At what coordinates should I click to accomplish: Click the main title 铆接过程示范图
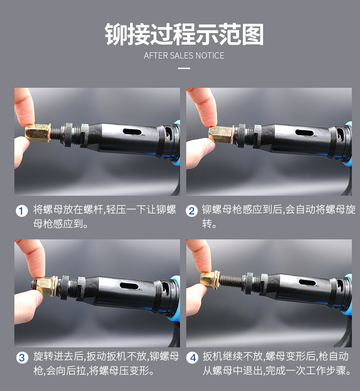184,34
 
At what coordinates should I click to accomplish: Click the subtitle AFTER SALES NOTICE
184,56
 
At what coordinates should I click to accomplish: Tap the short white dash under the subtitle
184,68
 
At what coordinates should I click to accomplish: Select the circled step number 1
22,211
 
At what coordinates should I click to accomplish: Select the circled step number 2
192,211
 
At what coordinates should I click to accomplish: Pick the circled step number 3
22,358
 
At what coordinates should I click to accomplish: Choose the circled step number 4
192,358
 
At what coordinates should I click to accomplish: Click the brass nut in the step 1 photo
38,133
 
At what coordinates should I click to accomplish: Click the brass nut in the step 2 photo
221,135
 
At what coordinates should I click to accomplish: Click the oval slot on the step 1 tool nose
132,132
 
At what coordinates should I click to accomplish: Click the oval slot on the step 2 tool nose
304,133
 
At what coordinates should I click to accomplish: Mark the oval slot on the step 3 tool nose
129,286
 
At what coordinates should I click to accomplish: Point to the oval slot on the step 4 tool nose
307,283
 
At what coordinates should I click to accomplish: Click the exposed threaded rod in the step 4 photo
231,281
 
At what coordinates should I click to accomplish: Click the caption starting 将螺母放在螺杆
105,216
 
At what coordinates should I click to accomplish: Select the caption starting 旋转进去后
106,363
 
